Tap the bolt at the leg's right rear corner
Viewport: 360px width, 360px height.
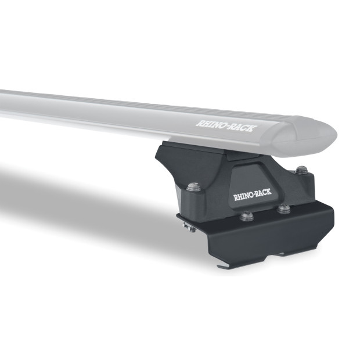pyautogui.click(x=302, y=170)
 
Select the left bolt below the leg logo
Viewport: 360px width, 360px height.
pyautogui.click(x=245, y=218)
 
